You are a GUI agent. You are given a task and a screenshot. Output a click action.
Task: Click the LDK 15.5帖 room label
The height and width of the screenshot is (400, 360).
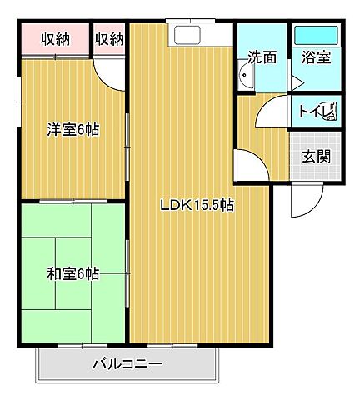[197, 205]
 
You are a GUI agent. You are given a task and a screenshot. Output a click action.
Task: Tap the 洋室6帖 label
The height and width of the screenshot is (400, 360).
[73, 130]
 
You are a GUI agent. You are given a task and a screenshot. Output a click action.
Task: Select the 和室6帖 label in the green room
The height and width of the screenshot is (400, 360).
[73, 274]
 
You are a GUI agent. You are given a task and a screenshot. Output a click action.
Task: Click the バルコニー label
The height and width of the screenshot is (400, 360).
[127, 364]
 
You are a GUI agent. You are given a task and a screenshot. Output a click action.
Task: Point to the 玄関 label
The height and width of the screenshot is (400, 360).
[317, 157]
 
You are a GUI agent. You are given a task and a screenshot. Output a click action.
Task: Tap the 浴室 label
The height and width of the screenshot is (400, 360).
[316, 57]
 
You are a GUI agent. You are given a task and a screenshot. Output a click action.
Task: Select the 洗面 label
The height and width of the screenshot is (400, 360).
[262, 57]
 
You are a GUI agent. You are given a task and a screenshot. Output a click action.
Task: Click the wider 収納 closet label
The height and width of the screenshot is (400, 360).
[56, 39]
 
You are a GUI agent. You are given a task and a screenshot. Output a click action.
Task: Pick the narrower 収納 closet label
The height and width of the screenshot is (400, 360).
[109, 39]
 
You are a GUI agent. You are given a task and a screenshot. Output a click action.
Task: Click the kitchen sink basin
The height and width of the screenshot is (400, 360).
[187, 35]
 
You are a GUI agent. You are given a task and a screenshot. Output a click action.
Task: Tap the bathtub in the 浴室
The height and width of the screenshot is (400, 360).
[316, 35]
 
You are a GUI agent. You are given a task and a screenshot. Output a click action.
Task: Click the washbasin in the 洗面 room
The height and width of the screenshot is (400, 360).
[246, 75]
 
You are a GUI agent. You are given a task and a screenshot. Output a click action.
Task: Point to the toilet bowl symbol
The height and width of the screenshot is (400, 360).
[331, 112]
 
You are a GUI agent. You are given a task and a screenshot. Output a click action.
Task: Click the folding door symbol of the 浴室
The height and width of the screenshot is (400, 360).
[296, 82]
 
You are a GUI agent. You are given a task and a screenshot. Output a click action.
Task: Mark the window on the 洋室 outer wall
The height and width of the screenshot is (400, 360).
[19, 102]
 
